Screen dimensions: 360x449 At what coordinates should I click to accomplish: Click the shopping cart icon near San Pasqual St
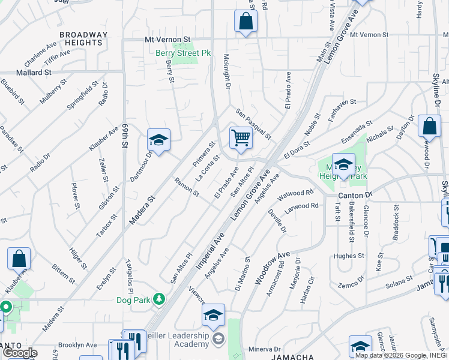click(x=241, y=137)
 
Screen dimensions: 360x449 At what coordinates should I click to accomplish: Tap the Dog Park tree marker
click(x=159, y=298)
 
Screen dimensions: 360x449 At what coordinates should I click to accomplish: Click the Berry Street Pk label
click(x=183, y=53)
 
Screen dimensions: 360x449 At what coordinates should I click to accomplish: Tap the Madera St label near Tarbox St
click(x=142, y=209)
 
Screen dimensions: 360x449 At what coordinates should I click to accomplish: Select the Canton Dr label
click(x=355, y=195)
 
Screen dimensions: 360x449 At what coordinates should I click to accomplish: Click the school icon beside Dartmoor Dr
click(x=158, y=140)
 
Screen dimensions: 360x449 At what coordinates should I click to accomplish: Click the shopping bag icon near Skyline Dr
click(x=429, y=126)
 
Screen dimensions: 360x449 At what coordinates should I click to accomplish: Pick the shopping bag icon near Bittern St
click(x=19, y=259)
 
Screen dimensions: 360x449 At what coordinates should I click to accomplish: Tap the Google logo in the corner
click(x=20, y=352)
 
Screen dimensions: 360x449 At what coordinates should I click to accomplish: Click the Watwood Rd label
click(x=295, y=194)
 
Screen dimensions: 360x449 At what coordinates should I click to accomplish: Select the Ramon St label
click(x=186, y=187)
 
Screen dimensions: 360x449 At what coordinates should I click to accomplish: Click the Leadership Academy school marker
click(x=213, y=315)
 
